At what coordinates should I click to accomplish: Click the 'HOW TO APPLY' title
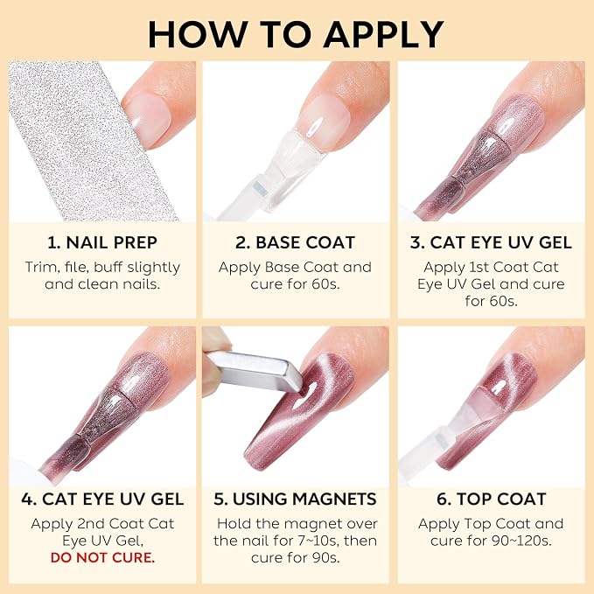point(296,34)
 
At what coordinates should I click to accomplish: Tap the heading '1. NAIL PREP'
point(102,242)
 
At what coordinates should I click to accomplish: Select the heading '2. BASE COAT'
point(295,242)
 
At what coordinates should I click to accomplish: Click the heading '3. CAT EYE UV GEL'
point(491,242)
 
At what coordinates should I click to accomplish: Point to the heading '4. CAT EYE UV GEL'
point(102,499)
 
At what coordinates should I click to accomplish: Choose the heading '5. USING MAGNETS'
point(295,499)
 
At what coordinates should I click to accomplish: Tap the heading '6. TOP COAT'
point(491,499)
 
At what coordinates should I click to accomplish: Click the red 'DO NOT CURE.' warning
point(102,557)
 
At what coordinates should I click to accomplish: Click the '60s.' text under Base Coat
point(325,284)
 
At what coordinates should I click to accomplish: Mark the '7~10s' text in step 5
point(318,541)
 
